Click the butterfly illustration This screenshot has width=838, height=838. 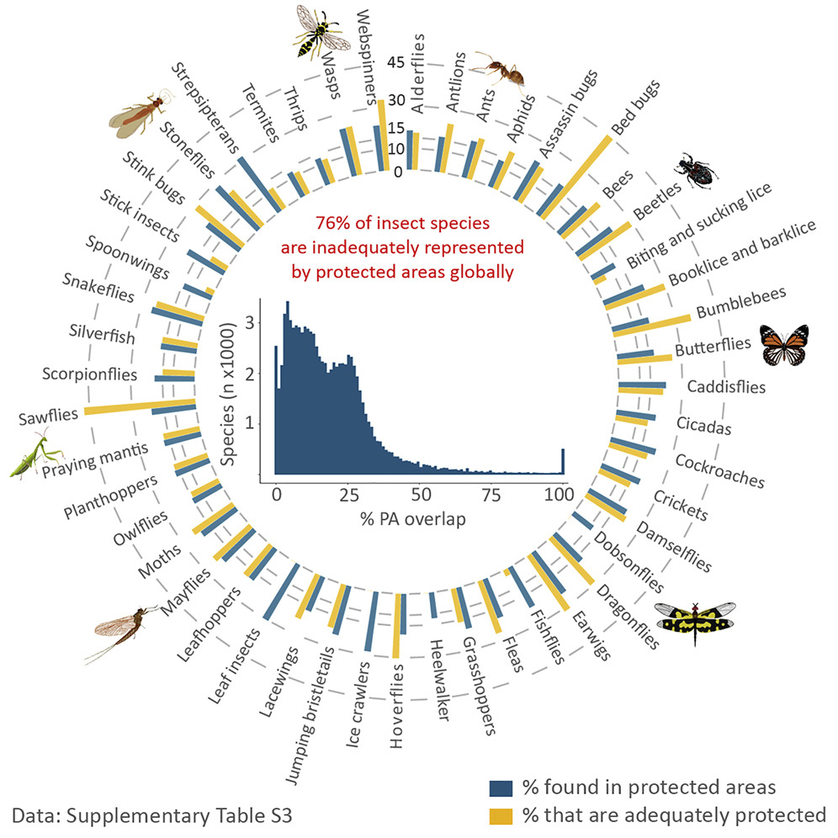pyautogui.click(x=783, y=345)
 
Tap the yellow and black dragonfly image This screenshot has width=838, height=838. pyautogui.click(x=695, y=618)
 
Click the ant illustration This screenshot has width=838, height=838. pyautogui.click(x=501, y=70)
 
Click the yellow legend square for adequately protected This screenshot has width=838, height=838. pyautogui.click(x=501, y=814)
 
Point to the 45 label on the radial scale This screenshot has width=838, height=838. pyautogui.click(x=397, y=61)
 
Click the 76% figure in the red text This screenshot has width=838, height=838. pyautogui.click(x=333, y=224)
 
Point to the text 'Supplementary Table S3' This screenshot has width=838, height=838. pyautogui.click(x=189, y=814)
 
